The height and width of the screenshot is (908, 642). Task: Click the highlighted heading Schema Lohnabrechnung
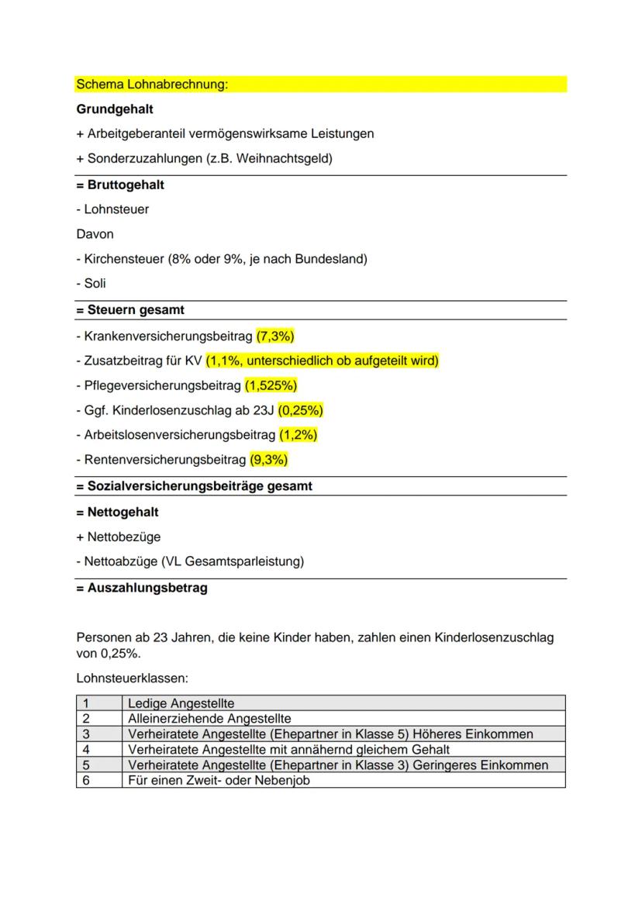pyautogui.click(x=152, y=84)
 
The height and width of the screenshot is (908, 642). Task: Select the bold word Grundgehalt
pyautogui.click(x=115, y=109)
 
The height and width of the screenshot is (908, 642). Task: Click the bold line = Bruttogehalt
pyautogui.click(x=120, y=185)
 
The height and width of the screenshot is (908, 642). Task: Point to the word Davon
pyautogui.click(x=95, y=233)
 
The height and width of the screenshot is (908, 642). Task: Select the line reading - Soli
pyautogui.click(x=91, y=283)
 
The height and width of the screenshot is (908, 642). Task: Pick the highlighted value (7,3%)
pyautogui.click(x=275, y=337)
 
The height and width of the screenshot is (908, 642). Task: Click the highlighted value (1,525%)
pyautogui.click(x=271, y=385)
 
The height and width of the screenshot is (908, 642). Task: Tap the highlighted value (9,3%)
pyautogui.click(x=268, y=460)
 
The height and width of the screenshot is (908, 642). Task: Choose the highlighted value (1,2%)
pyautogui.click(x=298, y=435)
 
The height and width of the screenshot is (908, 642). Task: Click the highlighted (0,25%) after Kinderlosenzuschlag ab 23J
pyautogui.click(x=301, y=410)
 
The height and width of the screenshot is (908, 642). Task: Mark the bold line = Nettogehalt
pyautogui.click(x=117, y=512)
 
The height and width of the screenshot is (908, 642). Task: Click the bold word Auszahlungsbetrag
pyautogui.click(x=147, y=588)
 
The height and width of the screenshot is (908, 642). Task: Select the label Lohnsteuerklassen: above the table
pyautogui.click(x=132, y=678)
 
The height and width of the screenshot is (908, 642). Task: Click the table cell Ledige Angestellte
pyautogui.click(x=181, y=703)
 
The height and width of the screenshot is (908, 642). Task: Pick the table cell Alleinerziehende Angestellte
pyautogui.click(x=209, y=719)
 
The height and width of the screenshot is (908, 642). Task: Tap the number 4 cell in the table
pyautogui.click(x=86, y=750)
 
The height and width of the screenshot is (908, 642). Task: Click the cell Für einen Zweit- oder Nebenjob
pyautogui.click(x=218, y=780)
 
